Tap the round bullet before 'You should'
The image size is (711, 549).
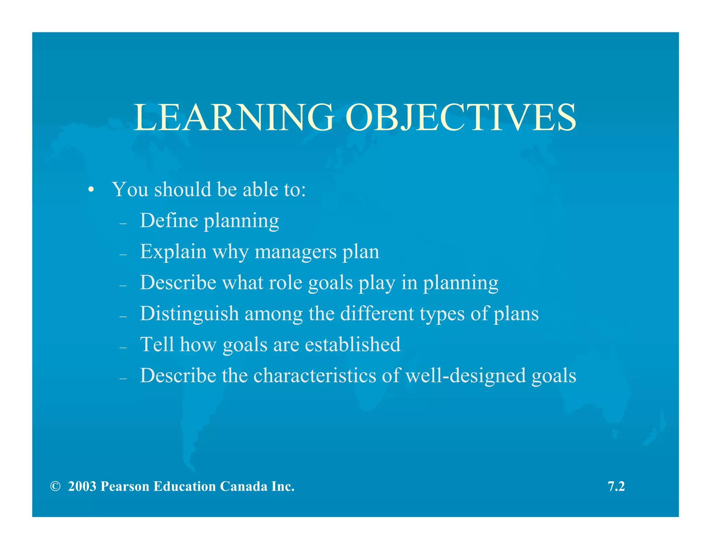[91, 190]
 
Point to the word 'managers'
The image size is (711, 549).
[296, 252]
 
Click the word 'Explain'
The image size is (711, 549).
[173, 252]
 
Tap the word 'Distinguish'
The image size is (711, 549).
[190, 314]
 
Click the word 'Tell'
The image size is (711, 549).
[157, 344]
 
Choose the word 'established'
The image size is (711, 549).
[353, 344]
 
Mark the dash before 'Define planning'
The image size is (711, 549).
[123, 224]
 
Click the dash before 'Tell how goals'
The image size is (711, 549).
[123, 348]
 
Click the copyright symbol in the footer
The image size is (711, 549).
[55, 487]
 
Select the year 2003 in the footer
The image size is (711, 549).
[82, 487]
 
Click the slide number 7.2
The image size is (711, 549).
[616, 487]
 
